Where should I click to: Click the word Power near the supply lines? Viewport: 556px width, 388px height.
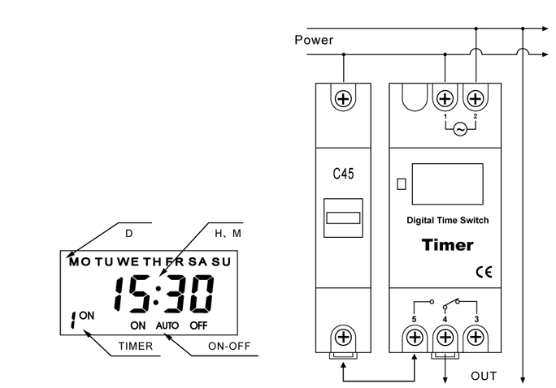coord(314,40)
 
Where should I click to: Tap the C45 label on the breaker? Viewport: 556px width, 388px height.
coord(343,174)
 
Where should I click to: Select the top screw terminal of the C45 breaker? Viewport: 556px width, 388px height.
coord(343,99)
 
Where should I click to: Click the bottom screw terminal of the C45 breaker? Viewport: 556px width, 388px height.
coord(343,337)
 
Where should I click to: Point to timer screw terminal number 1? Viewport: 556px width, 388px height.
coord(445,99)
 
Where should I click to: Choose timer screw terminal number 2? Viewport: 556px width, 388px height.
coord(476,99)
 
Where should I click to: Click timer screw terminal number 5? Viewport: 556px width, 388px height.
coord(415,338)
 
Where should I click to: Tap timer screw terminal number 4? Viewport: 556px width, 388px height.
coord(445,338)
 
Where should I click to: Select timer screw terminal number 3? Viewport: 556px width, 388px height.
coord(476,338)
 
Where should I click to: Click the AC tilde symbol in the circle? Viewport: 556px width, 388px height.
coord(460,130)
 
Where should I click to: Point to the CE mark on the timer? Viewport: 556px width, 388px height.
coord(484,272)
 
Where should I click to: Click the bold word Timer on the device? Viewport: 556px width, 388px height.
coord(448,245)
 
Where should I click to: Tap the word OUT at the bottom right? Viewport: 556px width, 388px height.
coord(484,376)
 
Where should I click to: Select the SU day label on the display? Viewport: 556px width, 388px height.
coord(221,262)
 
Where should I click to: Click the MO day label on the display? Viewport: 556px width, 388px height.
coord(80,262)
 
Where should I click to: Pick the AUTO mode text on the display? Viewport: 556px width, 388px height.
coord(167,325)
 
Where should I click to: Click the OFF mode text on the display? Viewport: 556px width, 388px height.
coord(198,325)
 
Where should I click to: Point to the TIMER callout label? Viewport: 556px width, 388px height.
coord(136,346)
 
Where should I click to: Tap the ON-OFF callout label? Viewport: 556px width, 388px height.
coord(229,346)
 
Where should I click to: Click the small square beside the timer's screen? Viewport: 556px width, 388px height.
coord(402,183)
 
